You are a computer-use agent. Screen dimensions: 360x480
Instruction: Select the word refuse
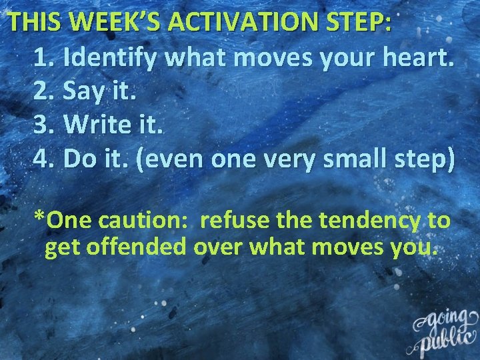point(238,220)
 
